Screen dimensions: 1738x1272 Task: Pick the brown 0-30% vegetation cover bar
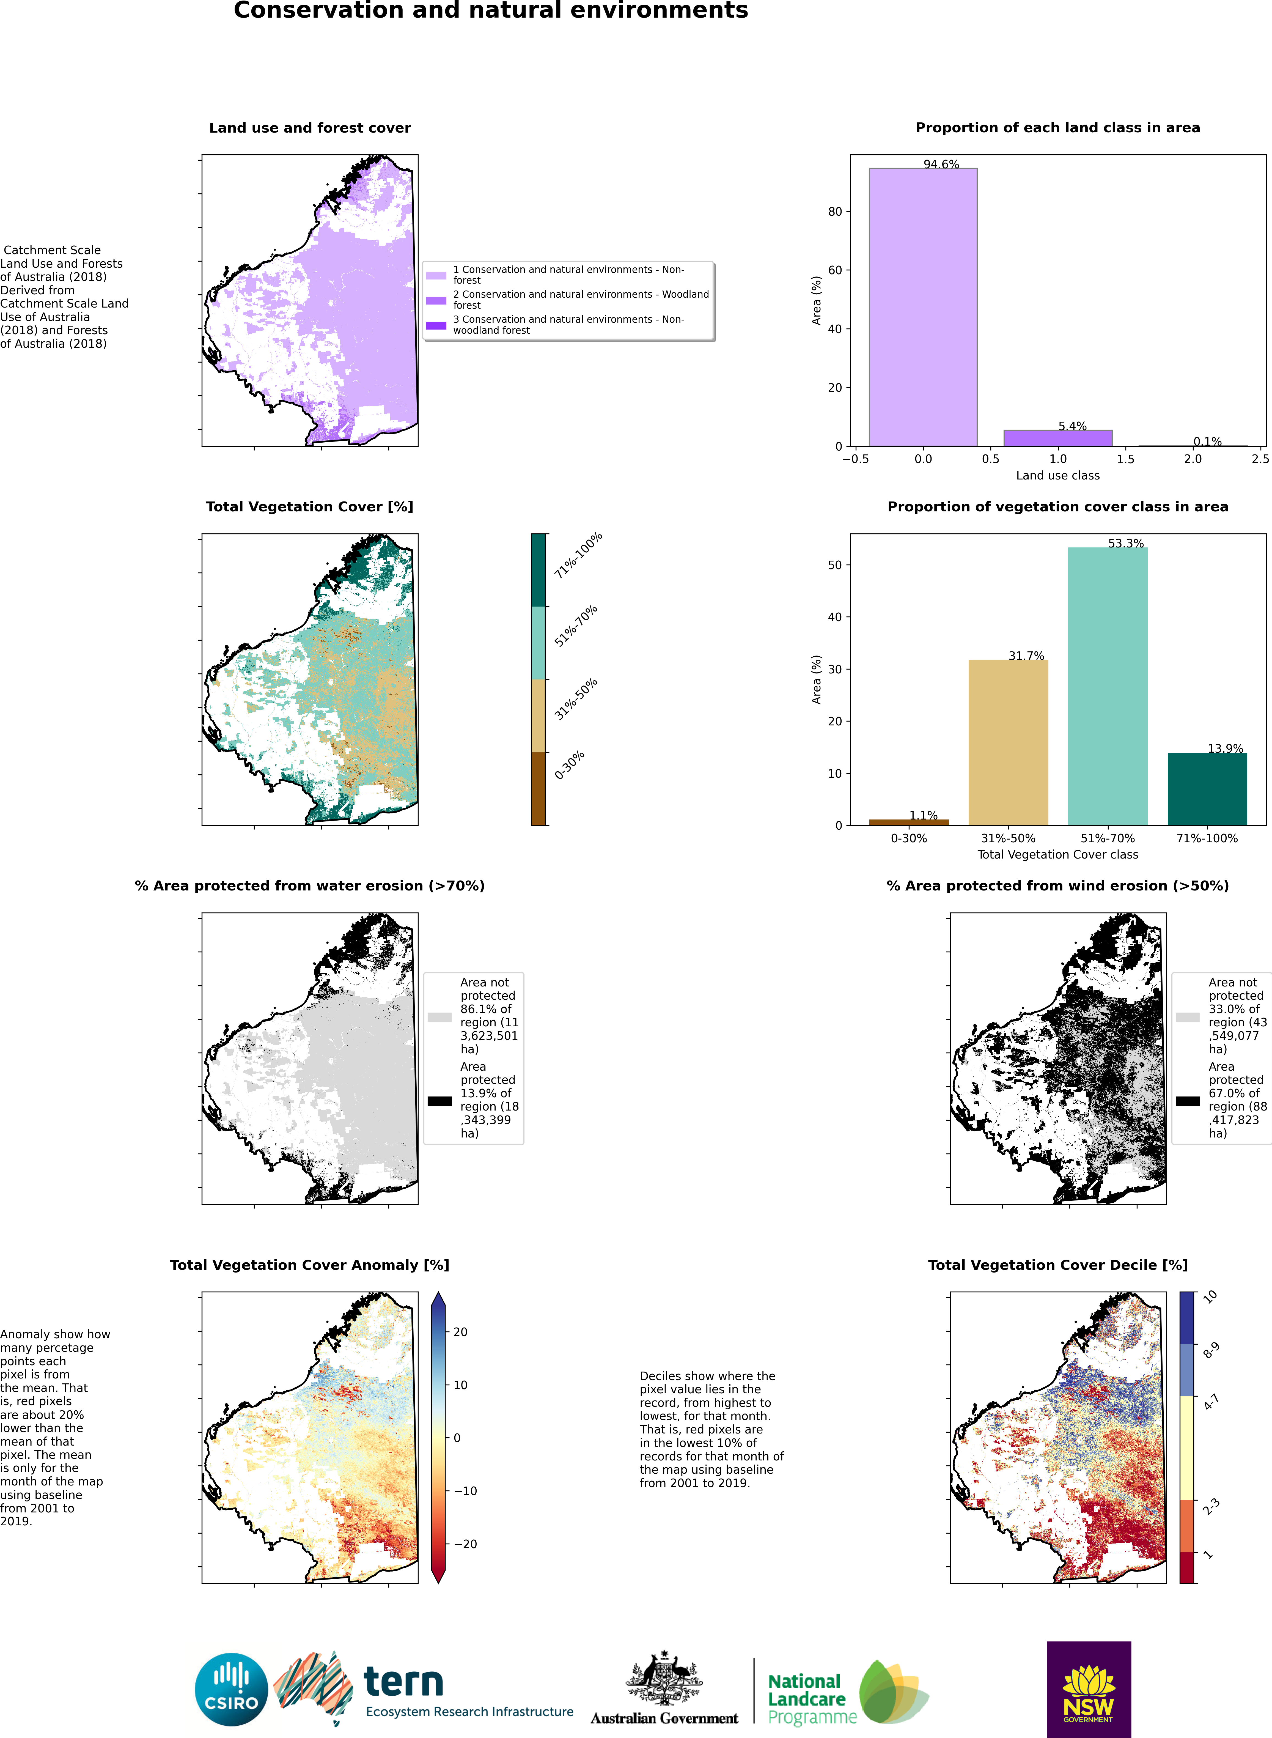point(909,822)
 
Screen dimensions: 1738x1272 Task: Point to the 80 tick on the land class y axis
point(836,212)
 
